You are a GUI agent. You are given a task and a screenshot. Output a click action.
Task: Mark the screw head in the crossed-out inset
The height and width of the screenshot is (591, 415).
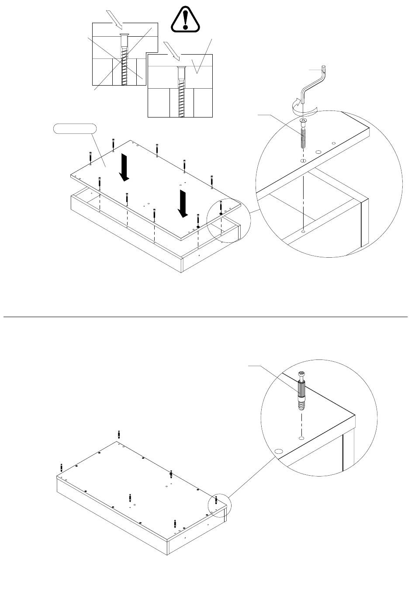coord(124,35)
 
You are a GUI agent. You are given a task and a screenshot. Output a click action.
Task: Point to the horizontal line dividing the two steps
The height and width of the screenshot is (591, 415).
coord(205,317)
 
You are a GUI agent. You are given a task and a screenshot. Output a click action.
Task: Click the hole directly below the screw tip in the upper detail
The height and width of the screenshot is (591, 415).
coord(303,161)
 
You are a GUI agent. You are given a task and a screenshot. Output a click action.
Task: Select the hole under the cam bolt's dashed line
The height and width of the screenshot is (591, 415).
coord(301,437)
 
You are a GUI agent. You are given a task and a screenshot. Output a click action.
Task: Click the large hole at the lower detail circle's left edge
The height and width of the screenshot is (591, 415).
coord(279,450)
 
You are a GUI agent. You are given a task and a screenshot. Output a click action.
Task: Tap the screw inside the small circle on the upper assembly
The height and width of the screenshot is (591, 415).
coord(221,207)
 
